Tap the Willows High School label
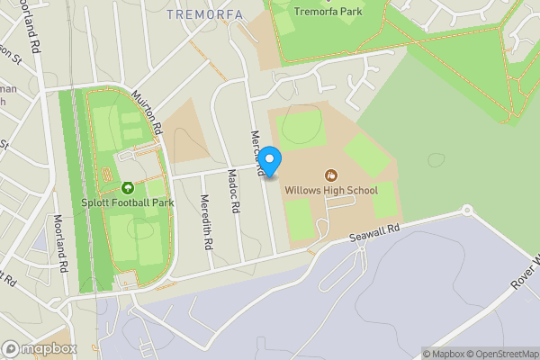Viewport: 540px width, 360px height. pos(331,190)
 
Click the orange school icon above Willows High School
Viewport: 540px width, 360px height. pos(331,175)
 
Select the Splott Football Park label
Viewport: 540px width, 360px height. pos(127,202)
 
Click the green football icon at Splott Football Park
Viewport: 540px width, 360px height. pos(127,188)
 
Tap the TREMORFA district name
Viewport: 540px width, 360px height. pos(205,13)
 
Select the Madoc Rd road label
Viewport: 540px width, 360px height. pos(234,191)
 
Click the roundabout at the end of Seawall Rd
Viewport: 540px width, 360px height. pos(466,211)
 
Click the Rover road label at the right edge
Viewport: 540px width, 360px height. pos(526,273)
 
